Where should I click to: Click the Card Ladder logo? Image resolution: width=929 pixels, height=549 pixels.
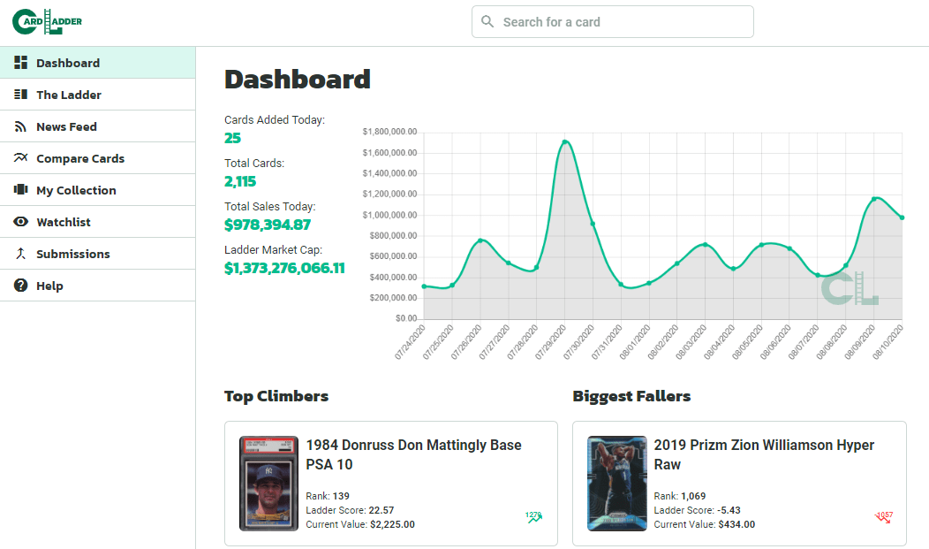(x=48, y=21)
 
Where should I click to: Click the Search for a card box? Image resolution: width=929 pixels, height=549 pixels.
(x=613, y=22)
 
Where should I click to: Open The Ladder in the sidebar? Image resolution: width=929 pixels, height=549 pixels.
(x=69, y=95)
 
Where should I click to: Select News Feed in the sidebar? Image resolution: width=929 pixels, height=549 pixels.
(x=66, y=126)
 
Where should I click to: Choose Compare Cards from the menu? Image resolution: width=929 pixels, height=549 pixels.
(x=80, y=158)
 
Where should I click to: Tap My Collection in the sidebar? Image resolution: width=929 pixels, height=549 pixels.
(x=76, y=190)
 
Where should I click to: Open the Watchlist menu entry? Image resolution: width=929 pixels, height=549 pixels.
(x=64, y=222)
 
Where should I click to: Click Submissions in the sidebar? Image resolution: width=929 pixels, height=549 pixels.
(x=73, y=254)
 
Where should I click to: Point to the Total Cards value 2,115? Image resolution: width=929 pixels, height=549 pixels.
(x=240, y=181)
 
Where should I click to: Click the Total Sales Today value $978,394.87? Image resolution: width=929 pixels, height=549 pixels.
(x=268, y=225)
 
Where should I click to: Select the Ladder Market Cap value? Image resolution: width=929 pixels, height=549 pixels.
(x=284, y=268)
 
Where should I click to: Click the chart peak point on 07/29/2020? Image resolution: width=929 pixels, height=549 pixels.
(x=564, y=141)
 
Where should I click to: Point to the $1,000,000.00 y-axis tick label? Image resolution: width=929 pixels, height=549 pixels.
(x=389, y=215)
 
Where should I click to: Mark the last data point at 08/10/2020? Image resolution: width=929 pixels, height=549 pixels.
(x=902, y=217)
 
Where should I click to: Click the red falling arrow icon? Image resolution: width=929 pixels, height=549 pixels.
(x=883, y=517)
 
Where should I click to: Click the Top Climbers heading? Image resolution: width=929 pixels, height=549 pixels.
(x=276, y=396)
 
